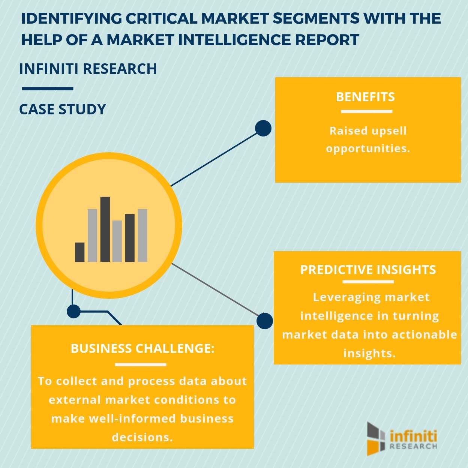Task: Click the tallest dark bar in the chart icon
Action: pyautogui.click(x=105, y=229)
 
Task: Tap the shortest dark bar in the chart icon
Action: pyautogui.click(x=80, y=252)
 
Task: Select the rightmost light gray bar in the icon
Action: pyautogui.click(x=142, y=235)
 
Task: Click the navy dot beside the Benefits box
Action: pyautogui.click(x=263, y=128)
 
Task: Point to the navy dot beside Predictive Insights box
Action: pyautogui.click(x=265, y=321)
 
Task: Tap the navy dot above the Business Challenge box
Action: pyautogui.click(x=73, y=311)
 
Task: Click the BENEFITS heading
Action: pyautogui.click(x=365, y=97)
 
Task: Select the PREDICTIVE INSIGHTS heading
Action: pyautogui.click(x=368, y=270)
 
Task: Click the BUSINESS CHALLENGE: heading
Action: pyautogui.click(x=142, y=348)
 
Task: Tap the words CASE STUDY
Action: pyautogui.click(x=63, y=109)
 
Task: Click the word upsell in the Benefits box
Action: pyautogui.click(x=389, y=131)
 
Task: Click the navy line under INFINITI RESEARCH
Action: pyautogui.click(x=47, y=89)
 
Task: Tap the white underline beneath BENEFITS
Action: pyautogui.click(x=366, y=111)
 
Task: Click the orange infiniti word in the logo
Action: pyautogui.click(x=413, y=436)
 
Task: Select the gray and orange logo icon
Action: pyautogui.click(x=376, y=438)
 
